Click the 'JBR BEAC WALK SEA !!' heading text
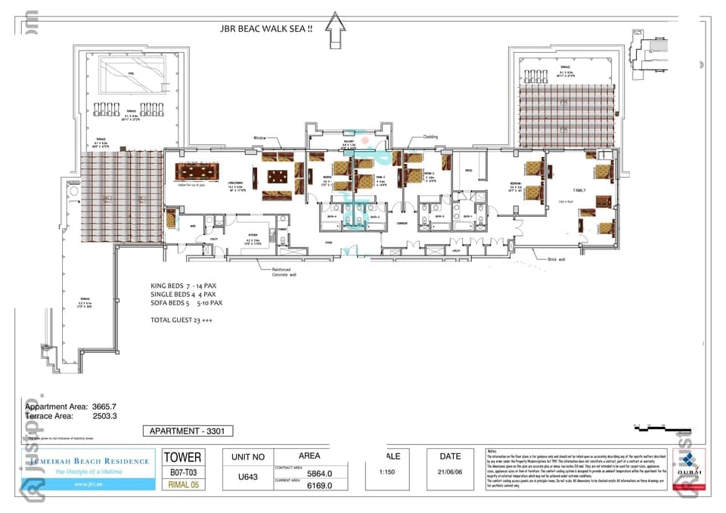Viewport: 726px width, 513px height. click(264, 29)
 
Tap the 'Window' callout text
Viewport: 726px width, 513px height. click(259, 138)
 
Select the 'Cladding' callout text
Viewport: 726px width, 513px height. click(430, 137)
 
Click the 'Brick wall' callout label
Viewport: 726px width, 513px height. click(557, 259)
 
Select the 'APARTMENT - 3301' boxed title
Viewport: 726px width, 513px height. click(188, 431)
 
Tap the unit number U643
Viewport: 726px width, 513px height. click(247, 477)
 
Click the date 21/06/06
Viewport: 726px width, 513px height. click(450, 472)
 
